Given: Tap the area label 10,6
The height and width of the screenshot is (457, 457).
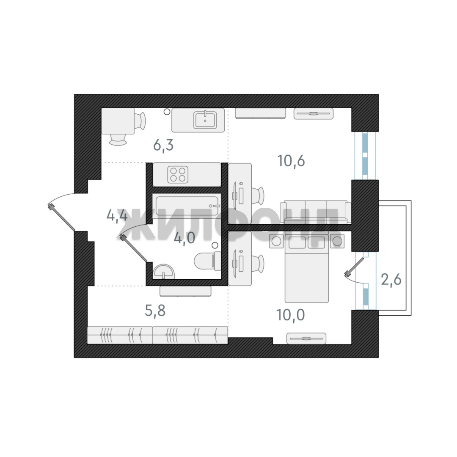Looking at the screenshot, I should [x=291, y=161].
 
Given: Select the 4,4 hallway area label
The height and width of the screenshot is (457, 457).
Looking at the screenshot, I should [x=117, y=216].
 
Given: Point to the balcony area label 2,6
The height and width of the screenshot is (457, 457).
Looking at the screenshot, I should [x=391, y=279].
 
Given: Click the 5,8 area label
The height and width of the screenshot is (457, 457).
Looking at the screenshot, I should [x=155, y=311].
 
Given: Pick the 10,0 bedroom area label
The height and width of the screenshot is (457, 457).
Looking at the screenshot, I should [x=291, y=315].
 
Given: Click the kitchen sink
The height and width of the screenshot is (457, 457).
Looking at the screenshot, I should [x=205, y=120].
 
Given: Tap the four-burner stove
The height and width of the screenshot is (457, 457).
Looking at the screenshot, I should [x=178, y=174].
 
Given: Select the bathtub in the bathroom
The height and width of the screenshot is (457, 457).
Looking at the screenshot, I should [x=186, y=206].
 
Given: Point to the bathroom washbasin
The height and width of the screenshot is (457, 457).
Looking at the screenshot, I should [x=163, y=271].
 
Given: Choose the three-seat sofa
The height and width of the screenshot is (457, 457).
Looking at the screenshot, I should [x=316, y=211].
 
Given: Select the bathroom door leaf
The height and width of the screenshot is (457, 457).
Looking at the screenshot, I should [x=134, y=249].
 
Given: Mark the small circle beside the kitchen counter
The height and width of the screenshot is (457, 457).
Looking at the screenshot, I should [x=167, y=112].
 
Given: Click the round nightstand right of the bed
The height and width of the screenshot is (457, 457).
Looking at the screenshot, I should [x=337, y=241].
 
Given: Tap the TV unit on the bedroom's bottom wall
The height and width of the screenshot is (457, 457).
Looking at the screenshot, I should [x=306, y=338].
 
